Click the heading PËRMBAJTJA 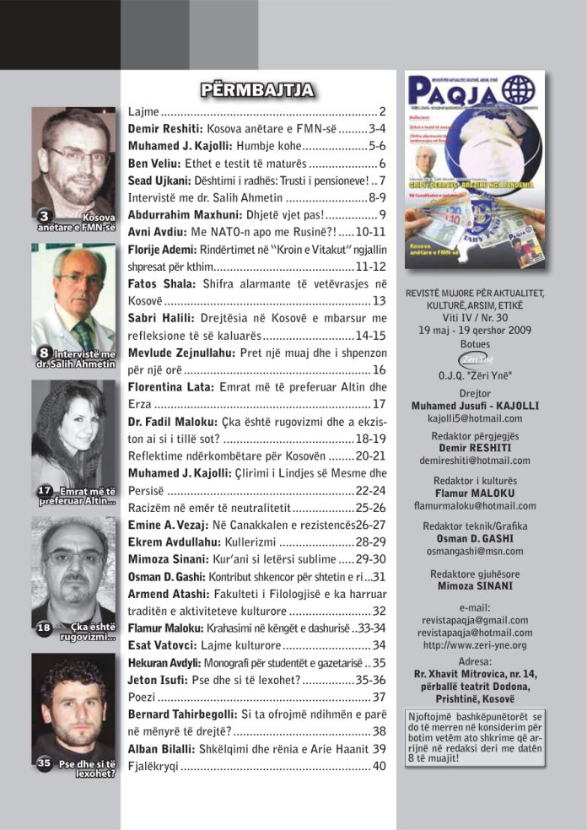tap(256, 90)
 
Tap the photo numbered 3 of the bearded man tap(73, 170)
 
